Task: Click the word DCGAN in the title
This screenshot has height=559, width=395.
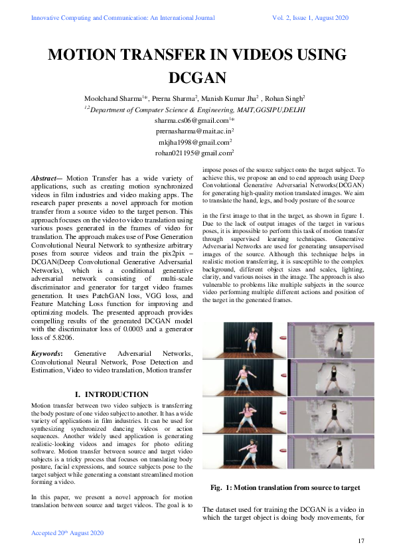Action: (197, 77)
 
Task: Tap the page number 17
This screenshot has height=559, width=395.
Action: (361, 542)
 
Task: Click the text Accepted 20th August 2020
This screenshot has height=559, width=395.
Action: (67, 533)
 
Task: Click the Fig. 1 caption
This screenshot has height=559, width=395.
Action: (285, 488)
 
